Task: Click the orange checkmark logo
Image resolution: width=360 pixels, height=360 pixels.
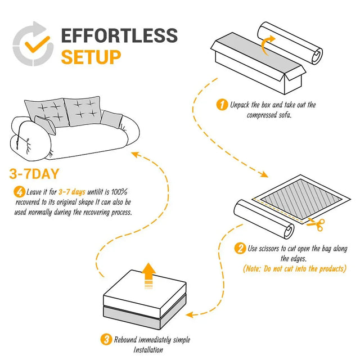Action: (34, 43)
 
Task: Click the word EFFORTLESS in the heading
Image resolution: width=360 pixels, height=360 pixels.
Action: (119, 35)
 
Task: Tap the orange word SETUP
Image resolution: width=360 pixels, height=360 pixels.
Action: (91, 57)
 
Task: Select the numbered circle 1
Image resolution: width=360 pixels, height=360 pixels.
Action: (222, 105)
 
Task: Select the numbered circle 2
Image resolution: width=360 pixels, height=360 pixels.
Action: (240, 249)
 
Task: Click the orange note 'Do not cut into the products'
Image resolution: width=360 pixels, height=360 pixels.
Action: (294, 269)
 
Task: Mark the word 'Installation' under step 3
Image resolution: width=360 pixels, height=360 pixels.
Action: (148, 349)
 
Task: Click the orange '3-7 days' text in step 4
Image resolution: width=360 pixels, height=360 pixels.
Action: (72, 192)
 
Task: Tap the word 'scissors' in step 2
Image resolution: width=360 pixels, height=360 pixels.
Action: (274, 249)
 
